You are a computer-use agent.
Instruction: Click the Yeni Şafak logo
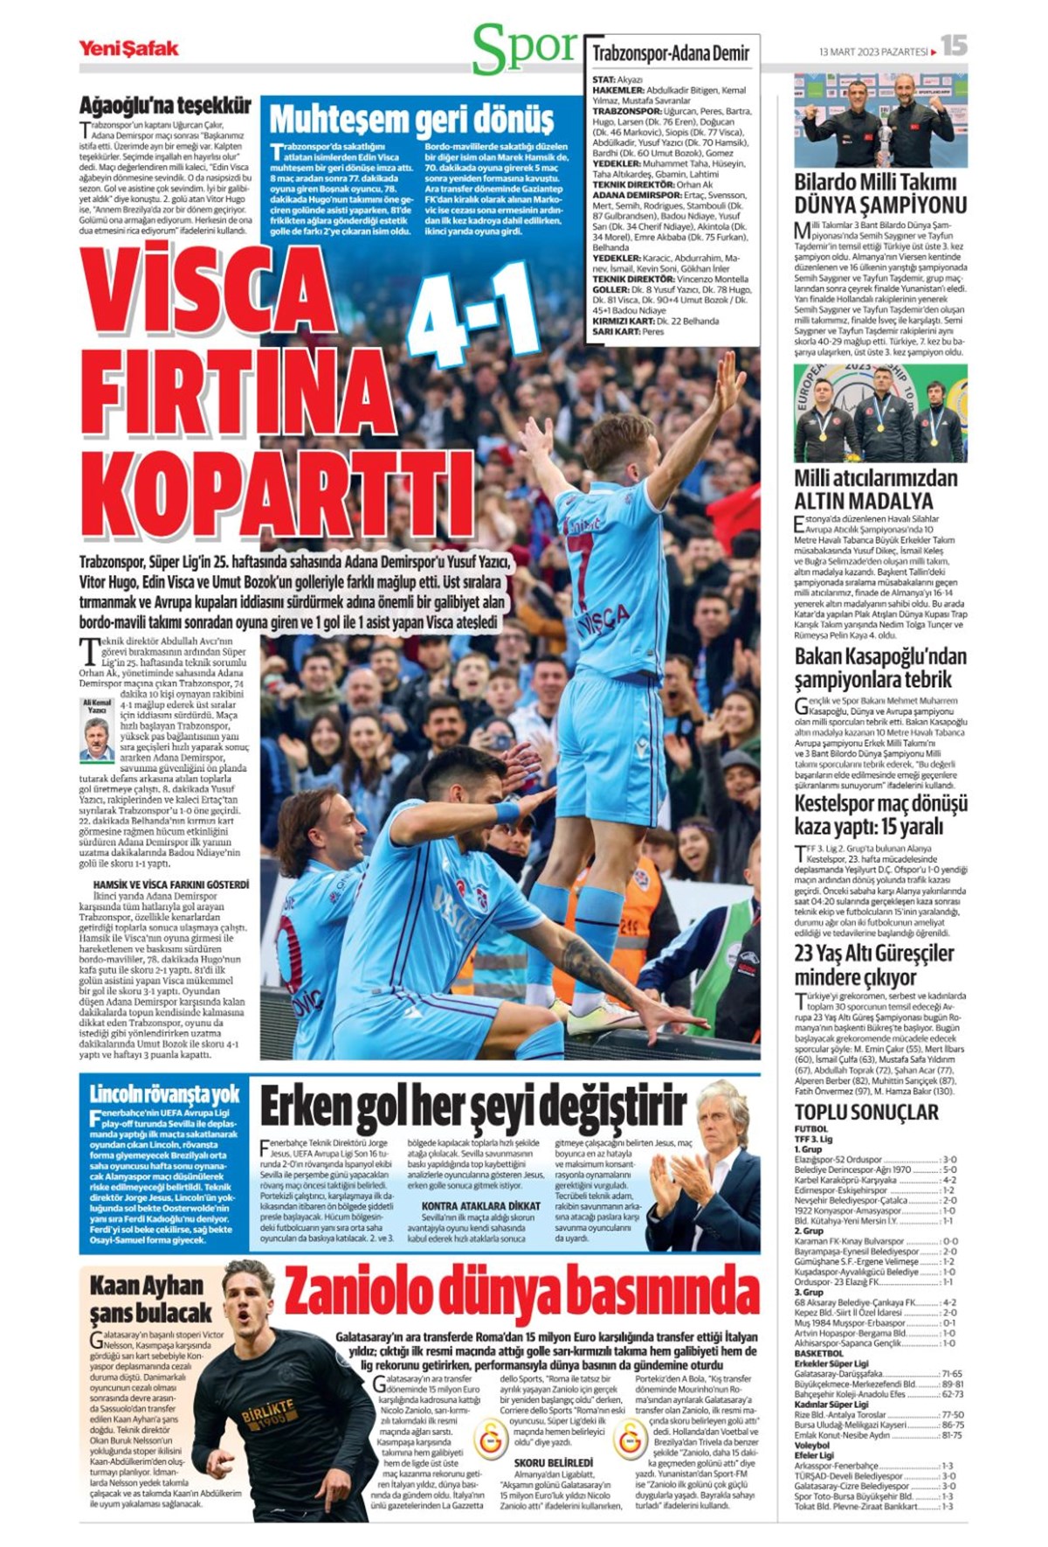(x=128, y=48)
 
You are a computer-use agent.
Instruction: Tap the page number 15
(x=954, y=45)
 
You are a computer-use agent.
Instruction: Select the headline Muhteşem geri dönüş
(x=410, y=119)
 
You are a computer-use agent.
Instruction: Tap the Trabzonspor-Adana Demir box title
(x=671, y=53)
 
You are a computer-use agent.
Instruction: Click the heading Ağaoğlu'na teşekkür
(x=165, y=106)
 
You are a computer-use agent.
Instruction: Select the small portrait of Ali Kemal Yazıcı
(x=97, y=739)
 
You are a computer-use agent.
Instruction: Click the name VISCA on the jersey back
(x=603, y=620)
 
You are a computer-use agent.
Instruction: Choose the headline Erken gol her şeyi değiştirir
(x=472, y=1107)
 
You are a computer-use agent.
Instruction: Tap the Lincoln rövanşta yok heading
(x=164, y=1093)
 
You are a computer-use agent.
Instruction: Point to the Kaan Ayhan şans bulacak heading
(x=149, y=1298)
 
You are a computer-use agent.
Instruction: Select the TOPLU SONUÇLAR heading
(x=865, y=1112)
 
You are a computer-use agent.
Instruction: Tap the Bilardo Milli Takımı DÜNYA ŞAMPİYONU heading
(x=879, y=194)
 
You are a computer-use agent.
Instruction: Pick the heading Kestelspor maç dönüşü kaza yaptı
(x=880, y=815)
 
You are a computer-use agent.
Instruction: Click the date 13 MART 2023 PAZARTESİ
(x=873, y=52)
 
